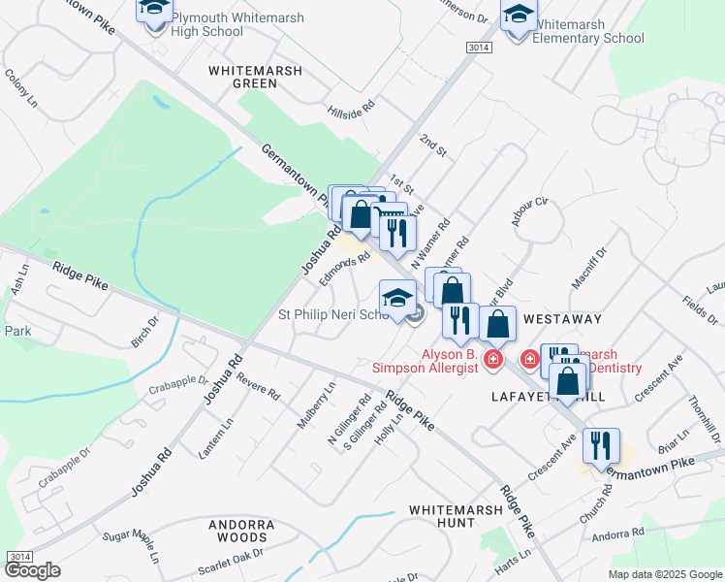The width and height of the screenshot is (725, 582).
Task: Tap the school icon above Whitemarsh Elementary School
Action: click(519, 16)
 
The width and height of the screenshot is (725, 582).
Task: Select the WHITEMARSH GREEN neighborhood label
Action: click(256, 77)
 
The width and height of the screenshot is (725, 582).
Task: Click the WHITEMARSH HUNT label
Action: click(442, 515)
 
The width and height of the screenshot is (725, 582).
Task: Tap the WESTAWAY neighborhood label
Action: click(562, 318)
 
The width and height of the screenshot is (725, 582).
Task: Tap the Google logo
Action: click(33, 569)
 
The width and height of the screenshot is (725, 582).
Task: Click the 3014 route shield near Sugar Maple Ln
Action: click(17, 556)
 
